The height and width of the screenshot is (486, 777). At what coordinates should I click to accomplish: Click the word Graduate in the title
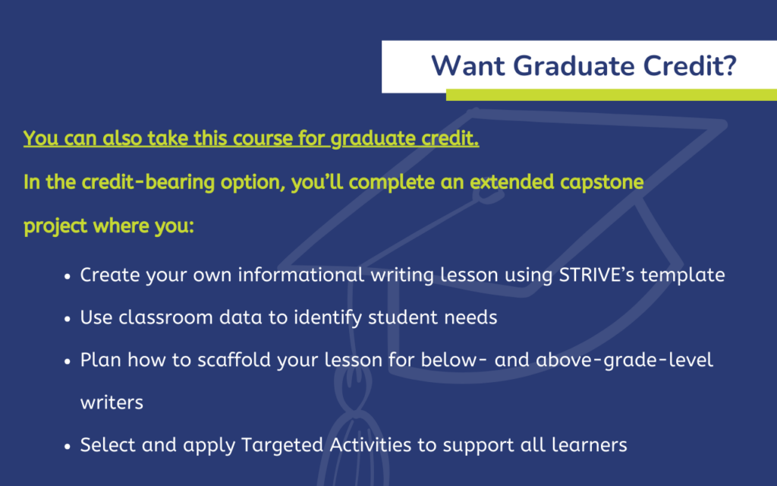pos(574,66)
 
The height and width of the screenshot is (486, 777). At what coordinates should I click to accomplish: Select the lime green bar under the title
pos(612,95)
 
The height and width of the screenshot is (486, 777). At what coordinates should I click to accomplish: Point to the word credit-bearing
pos(148,182)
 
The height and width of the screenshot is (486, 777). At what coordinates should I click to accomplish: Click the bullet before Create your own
pos(68,276)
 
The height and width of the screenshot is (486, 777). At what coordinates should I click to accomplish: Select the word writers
pos(112,402)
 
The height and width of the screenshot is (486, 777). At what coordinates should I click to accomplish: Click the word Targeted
pos(282,445)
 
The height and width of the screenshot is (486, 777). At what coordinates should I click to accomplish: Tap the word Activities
pos(370,445)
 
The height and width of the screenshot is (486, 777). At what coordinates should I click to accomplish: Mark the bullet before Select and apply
pos(68,447)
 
